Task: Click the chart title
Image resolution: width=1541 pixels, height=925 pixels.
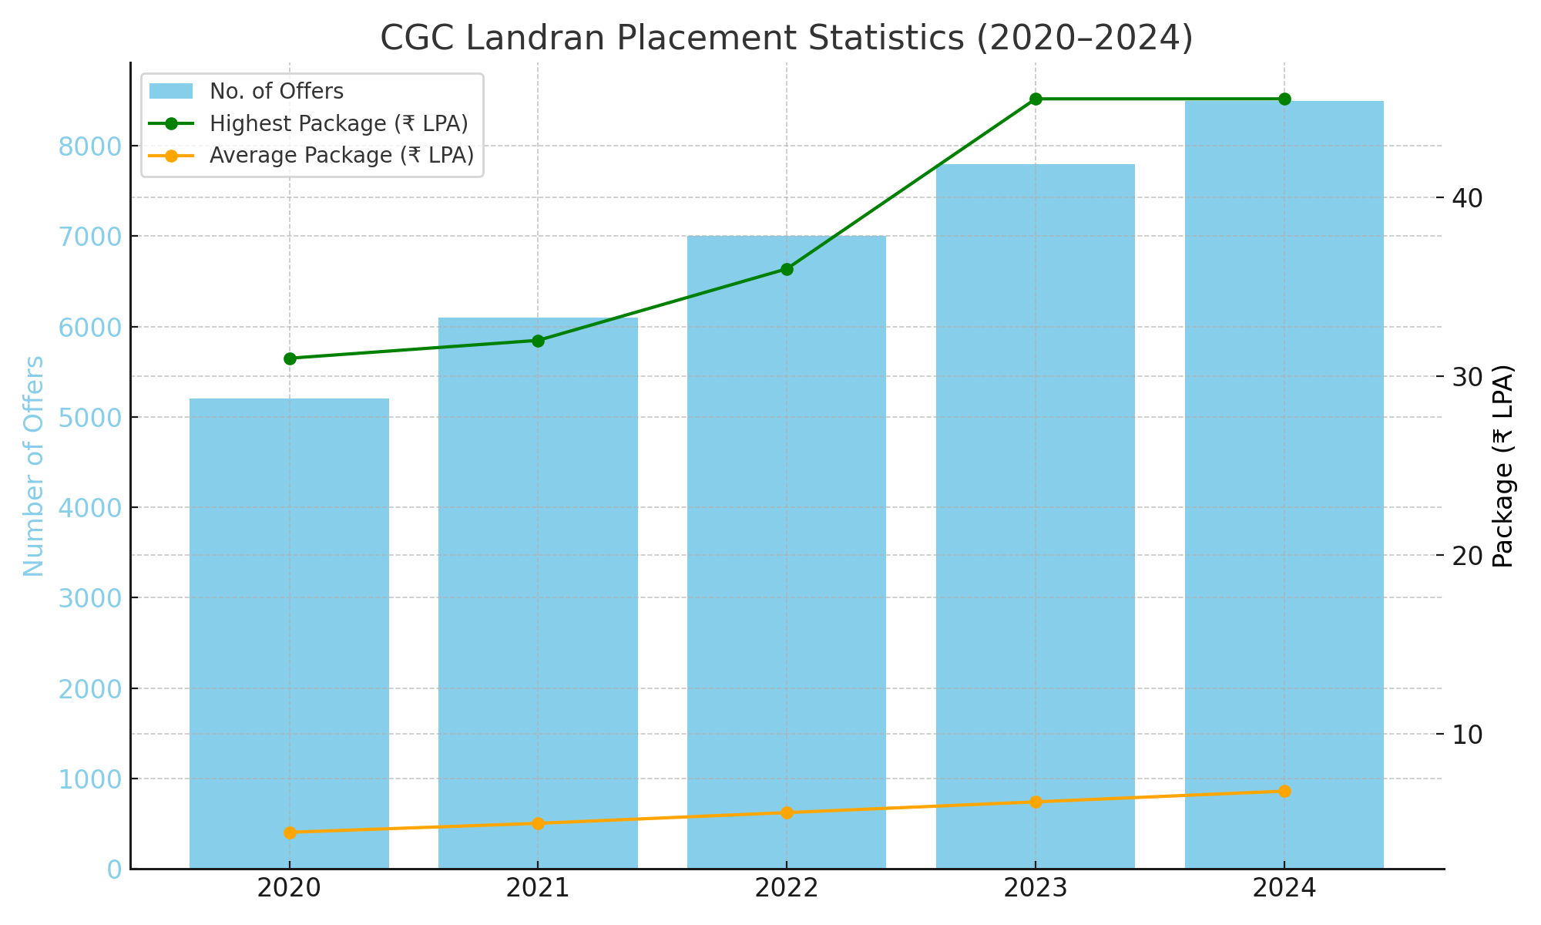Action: point(786,39)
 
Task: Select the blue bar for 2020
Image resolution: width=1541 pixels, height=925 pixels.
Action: point(289,632)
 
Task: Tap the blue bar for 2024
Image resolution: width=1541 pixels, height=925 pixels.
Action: point(1284,486)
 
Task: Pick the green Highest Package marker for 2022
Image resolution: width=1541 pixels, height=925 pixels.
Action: point(787,269)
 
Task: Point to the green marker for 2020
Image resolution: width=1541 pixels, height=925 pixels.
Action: point(290,358)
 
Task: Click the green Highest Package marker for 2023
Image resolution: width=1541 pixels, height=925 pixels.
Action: point(1036,99)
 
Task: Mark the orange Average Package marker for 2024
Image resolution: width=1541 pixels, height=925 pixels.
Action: point(1284,792)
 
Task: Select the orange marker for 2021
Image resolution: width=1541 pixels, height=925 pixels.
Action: point(538,823)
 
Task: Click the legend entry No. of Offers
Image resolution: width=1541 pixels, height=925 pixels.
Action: point(276,92)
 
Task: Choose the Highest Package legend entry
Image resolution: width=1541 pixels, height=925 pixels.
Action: point(338,123)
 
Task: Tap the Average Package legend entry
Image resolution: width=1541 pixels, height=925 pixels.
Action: point(341,156)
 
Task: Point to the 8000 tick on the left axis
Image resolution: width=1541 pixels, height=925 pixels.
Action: point(90,146)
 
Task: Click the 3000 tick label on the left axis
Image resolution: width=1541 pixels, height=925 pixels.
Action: point(90,598)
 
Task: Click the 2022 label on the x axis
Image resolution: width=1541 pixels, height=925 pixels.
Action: point(786,889)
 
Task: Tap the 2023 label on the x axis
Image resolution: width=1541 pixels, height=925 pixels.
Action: point(1035,889)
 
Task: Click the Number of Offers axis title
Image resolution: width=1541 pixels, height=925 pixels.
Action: point(33,466)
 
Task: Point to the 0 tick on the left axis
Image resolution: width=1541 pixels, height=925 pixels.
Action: point(114,869)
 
